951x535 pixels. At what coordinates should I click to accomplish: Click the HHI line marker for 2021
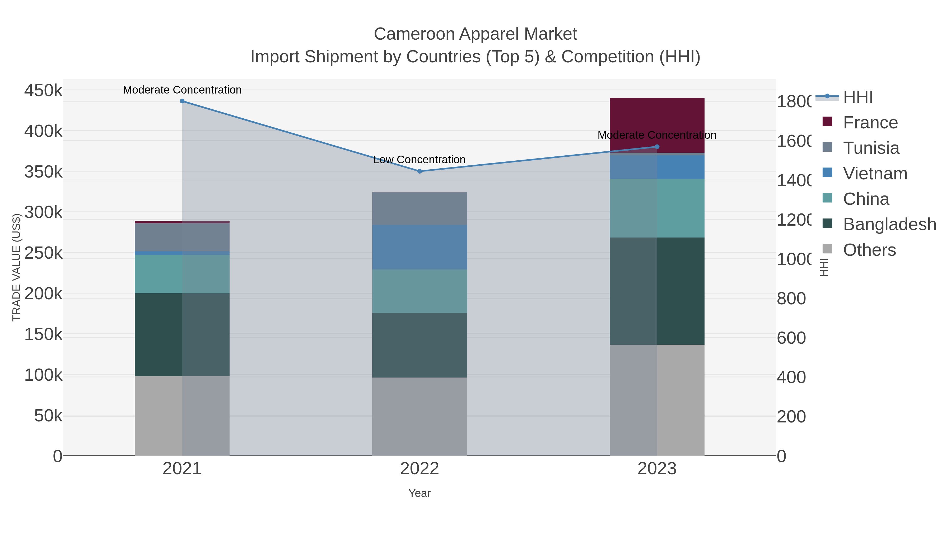point(182,101)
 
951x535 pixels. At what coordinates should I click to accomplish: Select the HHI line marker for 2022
point(419,171)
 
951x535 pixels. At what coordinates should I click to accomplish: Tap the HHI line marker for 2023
point(657,147)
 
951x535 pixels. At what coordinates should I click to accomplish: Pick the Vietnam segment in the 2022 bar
point(419,247)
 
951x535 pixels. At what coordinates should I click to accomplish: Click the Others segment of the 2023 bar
point(657,400)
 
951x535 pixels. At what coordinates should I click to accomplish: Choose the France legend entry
point(870,123)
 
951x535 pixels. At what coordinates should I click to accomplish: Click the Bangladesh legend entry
point(889,225)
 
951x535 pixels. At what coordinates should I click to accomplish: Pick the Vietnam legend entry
point(875,174)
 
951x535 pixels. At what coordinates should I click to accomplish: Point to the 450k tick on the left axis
point(43,90)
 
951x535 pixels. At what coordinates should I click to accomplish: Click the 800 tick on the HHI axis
point(791,299)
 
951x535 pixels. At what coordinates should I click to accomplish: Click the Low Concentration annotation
point(419,160)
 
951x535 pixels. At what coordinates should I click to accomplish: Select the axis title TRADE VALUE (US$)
point(17,267)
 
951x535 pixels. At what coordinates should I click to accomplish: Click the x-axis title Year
point(419,493)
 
